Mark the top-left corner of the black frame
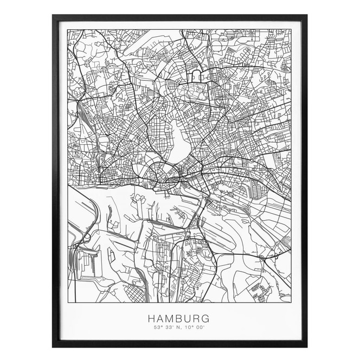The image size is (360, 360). pyautogui.click(x=53, y=16)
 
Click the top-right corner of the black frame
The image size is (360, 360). pyautogui.click(x=306, y=16)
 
